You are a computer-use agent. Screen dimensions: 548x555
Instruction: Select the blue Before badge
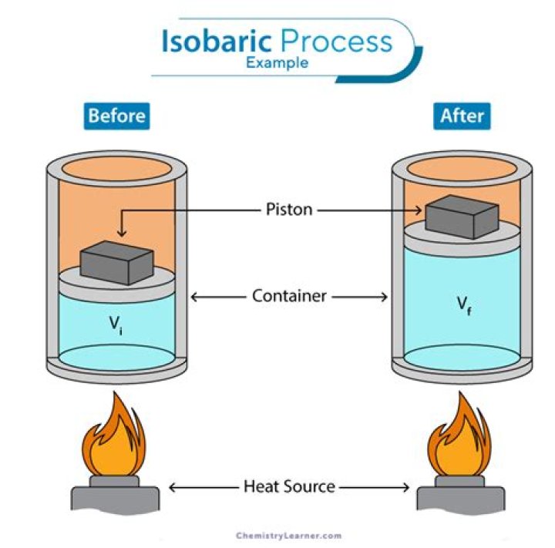(117, 116)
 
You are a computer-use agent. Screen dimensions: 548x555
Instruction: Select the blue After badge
(462, 116)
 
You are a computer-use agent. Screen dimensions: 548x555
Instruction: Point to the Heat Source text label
(289, 486)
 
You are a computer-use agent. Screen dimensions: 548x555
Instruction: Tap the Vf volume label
(463, 304)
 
